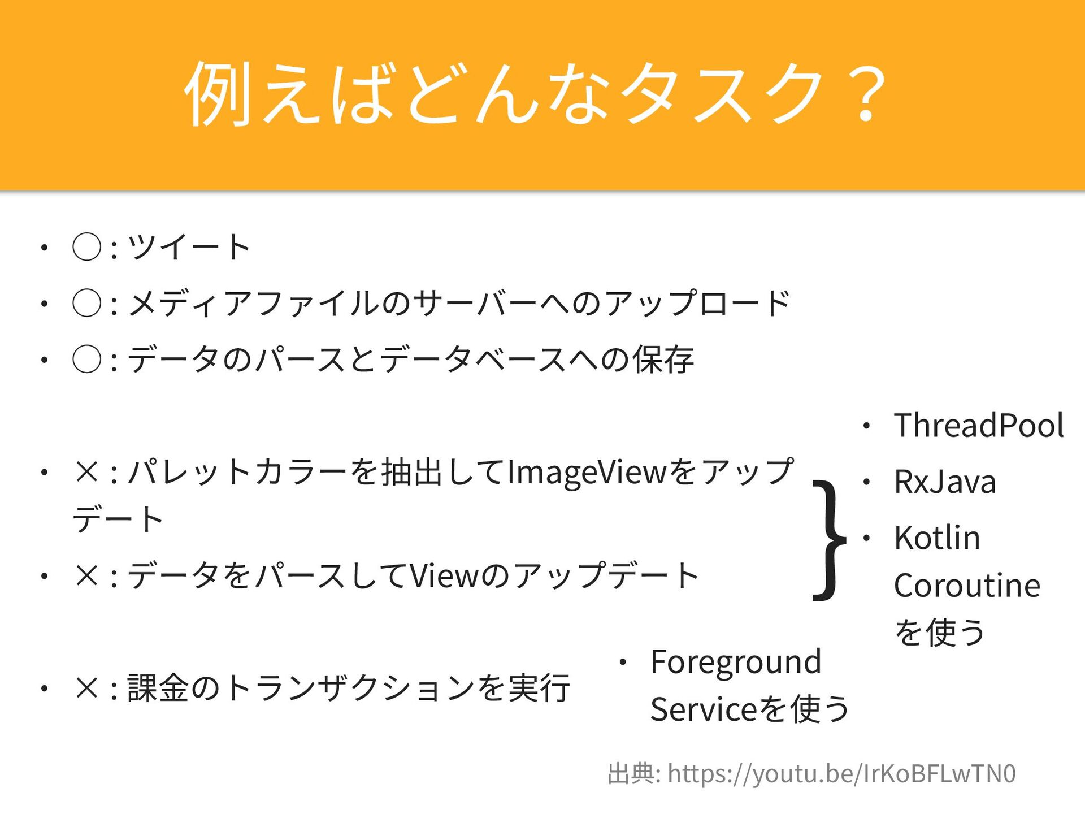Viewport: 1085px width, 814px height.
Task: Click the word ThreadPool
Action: [979, 425]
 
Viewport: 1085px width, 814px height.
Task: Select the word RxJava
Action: [945, 482]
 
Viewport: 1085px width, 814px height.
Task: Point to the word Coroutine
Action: [967, 585]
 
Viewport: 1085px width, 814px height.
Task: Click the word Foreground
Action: [736, 662]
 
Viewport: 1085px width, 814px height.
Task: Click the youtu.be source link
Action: [841, 773]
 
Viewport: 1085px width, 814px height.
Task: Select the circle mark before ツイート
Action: [87, 247]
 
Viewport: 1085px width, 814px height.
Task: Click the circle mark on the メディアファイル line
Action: [87, 303]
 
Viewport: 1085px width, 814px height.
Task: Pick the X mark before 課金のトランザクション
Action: [87, 688]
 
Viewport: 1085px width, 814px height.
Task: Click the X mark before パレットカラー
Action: [87, 472]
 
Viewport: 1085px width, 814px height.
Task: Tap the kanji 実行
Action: [539, 688]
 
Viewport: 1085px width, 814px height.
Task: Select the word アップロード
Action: [697, 303]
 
